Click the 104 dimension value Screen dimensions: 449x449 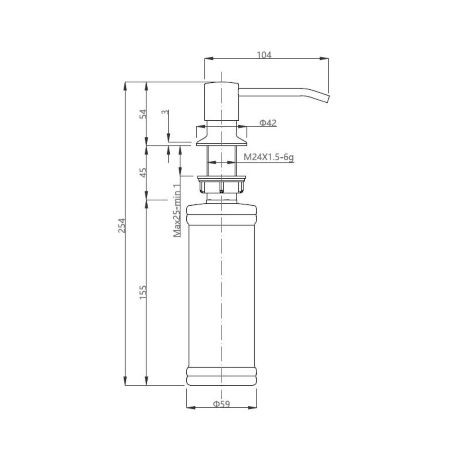264,54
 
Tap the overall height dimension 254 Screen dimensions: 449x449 122,225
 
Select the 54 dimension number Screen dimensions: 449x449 143,114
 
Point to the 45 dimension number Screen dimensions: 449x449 143,172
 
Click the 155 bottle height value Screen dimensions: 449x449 143,292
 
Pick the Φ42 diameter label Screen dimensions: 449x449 268,123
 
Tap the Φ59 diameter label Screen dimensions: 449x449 221,404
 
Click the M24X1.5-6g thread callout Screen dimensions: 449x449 269,157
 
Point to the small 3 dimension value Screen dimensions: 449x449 165,112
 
